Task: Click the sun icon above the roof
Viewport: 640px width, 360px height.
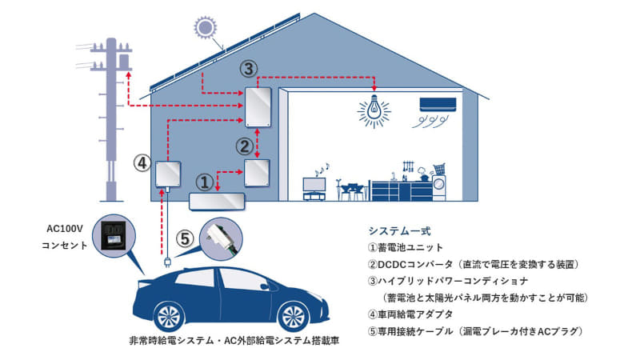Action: click(x=205, y=27)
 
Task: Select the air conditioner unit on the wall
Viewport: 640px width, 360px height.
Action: click(x=438, y=105)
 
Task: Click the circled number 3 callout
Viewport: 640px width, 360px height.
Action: click(x=248, y=69)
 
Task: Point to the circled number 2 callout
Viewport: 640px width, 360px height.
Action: click(x=245, y=146)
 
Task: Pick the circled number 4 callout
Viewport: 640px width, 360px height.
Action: click(x=142, y=163)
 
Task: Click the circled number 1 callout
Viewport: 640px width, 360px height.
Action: click(x=205, y=182)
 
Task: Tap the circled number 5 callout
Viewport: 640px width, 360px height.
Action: click(x=185, y=238)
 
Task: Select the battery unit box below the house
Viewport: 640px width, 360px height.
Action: click(x=217, y=202)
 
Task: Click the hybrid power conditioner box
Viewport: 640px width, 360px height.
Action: click(x=258, y=107)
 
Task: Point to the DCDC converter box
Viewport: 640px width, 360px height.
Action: click(x=257, y=173)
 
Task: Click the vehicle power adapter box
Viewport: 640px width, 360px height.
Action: click(x=168, y=174)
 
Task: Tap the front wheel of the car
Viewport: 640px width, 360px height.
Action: click(x=294, y=316)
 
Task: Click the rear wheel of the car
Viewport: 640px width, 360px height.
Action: click(x=169, y=316)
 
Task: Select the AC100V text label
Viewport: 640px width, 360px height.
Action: click(x=65, y=229)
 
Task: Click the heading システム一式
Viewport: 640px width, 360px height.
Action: click(x=399, y=231)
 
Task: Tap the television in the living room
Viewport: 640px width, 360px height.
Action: click(x=314, y=189)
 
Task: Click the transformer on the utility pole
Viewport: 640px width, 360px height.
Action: click(x=124, y=61)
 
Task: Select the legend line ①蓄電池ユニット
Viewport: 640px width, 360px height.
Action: click(x=406, y=247)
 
